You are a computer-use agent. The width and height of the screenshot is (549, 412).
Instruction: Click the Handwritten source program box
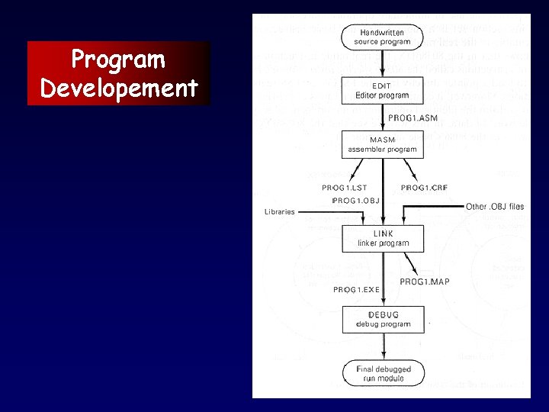[382, 37]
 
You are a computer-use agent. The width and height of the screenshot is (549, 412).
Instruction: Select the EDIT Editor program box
[382, 91]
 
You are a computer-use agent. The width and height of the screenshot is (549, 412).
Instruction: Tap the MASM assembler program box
[382, 144]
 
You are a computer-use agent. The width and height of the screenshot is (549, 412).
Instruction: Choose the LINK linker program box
[383, 238]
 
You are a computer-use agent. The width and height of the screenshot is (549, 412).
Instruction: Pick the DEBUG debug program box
[383, 319]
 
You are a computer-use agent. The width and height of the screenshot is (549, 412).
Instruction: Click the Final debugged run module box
[383, 374]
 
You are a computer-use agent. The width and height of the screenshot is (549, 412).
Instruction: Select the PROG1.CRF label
[424, 188]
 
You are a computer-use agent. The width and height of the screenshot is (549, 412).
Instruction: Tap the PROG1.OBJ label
[355, 201]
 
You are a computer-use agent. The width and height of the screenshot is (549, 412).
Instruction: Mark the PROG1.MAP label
[425, 282]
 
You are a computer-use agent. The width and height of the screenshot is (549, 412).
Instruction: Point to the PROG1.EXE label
[356, 290]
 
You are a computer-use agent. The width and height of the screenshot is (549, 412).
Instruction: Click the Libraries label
[279, 212]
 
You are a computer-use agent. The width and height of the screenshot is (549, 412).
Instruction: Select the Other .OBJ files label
[495, 207]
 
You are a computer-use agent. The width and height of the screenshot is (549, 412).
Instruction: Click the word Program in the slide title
[118, 59]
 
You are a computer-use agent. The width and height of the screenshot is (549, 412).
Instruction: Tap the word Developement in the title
[118, 88]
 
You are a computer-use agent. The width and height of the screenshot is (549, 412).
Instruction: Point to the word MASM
[383, 140]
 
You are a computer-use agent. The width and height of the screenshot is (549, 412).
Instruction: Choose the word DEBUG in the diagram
[383, 314]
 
